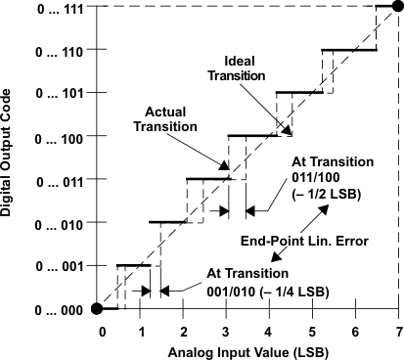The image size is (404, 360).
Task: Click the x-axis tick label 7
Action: coord(398,330)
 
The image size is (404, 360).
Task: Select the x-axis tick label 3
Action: coord(226,330)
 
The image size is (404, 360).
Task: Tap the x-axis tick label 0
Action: coord(100,330)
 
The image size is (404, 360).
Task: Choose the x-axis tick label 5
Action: coord(312,330)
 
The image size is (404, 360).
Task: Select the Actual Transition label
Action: coord(161,118)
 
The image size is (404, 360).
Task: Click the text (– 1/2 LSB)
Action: coord(326,194)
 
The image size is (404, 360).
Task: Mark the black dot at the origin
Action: coord(97,309)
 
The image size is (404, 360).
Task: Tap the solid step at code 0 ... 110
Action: coord(348,50)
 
